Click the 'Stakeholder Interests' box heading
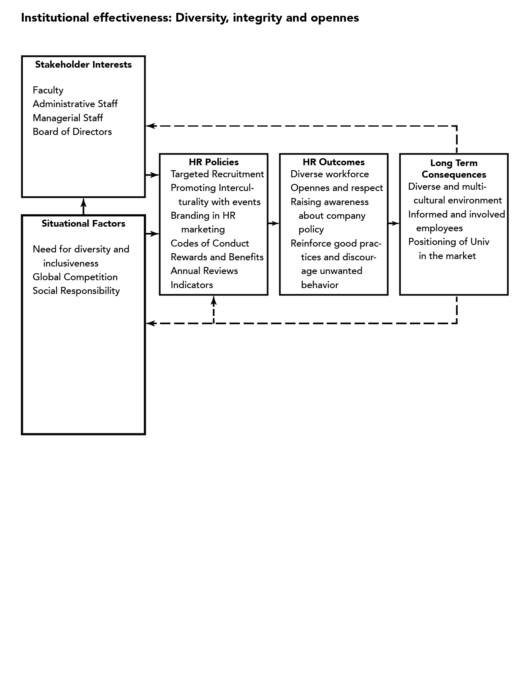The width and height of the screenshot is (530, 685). (83, 65)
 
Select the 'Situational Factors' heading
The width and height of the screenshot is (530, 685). (83, 223)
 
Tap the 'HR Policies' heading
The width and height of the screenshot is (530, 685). (214, 162)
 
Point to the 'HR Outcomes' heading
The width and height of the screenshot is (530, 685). (334, 162)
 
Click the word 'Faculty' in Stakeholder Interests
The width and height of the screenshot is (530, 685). (48, 91)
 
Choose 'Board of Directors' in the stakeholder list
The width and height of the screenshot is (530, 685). (72, 132)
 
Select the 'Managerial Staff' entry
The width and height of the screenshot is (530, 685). (68, 118)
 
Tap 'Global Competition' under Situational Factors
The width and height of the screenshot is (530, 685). (75, 277)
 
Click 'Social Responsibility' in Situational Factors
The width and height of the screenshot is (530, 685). (76, 291)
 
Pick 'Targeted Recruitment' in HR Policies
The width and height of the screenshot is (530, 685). (217, 174)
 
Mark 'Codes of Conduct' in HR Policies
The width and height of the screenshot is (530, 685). (210, 243)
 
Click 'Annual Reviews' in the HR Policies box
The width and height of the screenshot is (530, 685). (204, 271)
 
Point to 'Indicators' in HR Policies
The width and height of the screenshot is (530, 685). (192, 285)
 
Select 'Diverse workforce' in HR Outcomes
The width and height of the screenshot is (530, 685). (330, 174)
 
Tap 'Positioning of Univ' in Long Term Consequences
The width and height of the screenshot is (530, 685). (449, 242)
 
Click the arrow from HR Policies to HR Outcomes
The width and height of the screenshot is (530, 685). (274, 223)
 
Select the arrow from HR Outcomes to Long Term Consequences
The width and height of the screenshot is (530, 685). (394, 223)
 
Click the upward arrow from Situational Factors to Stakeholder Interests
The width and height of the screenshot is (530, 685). (83, 206)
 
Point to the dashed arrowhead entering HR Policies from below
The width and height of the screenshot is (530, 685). (214, 301)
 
